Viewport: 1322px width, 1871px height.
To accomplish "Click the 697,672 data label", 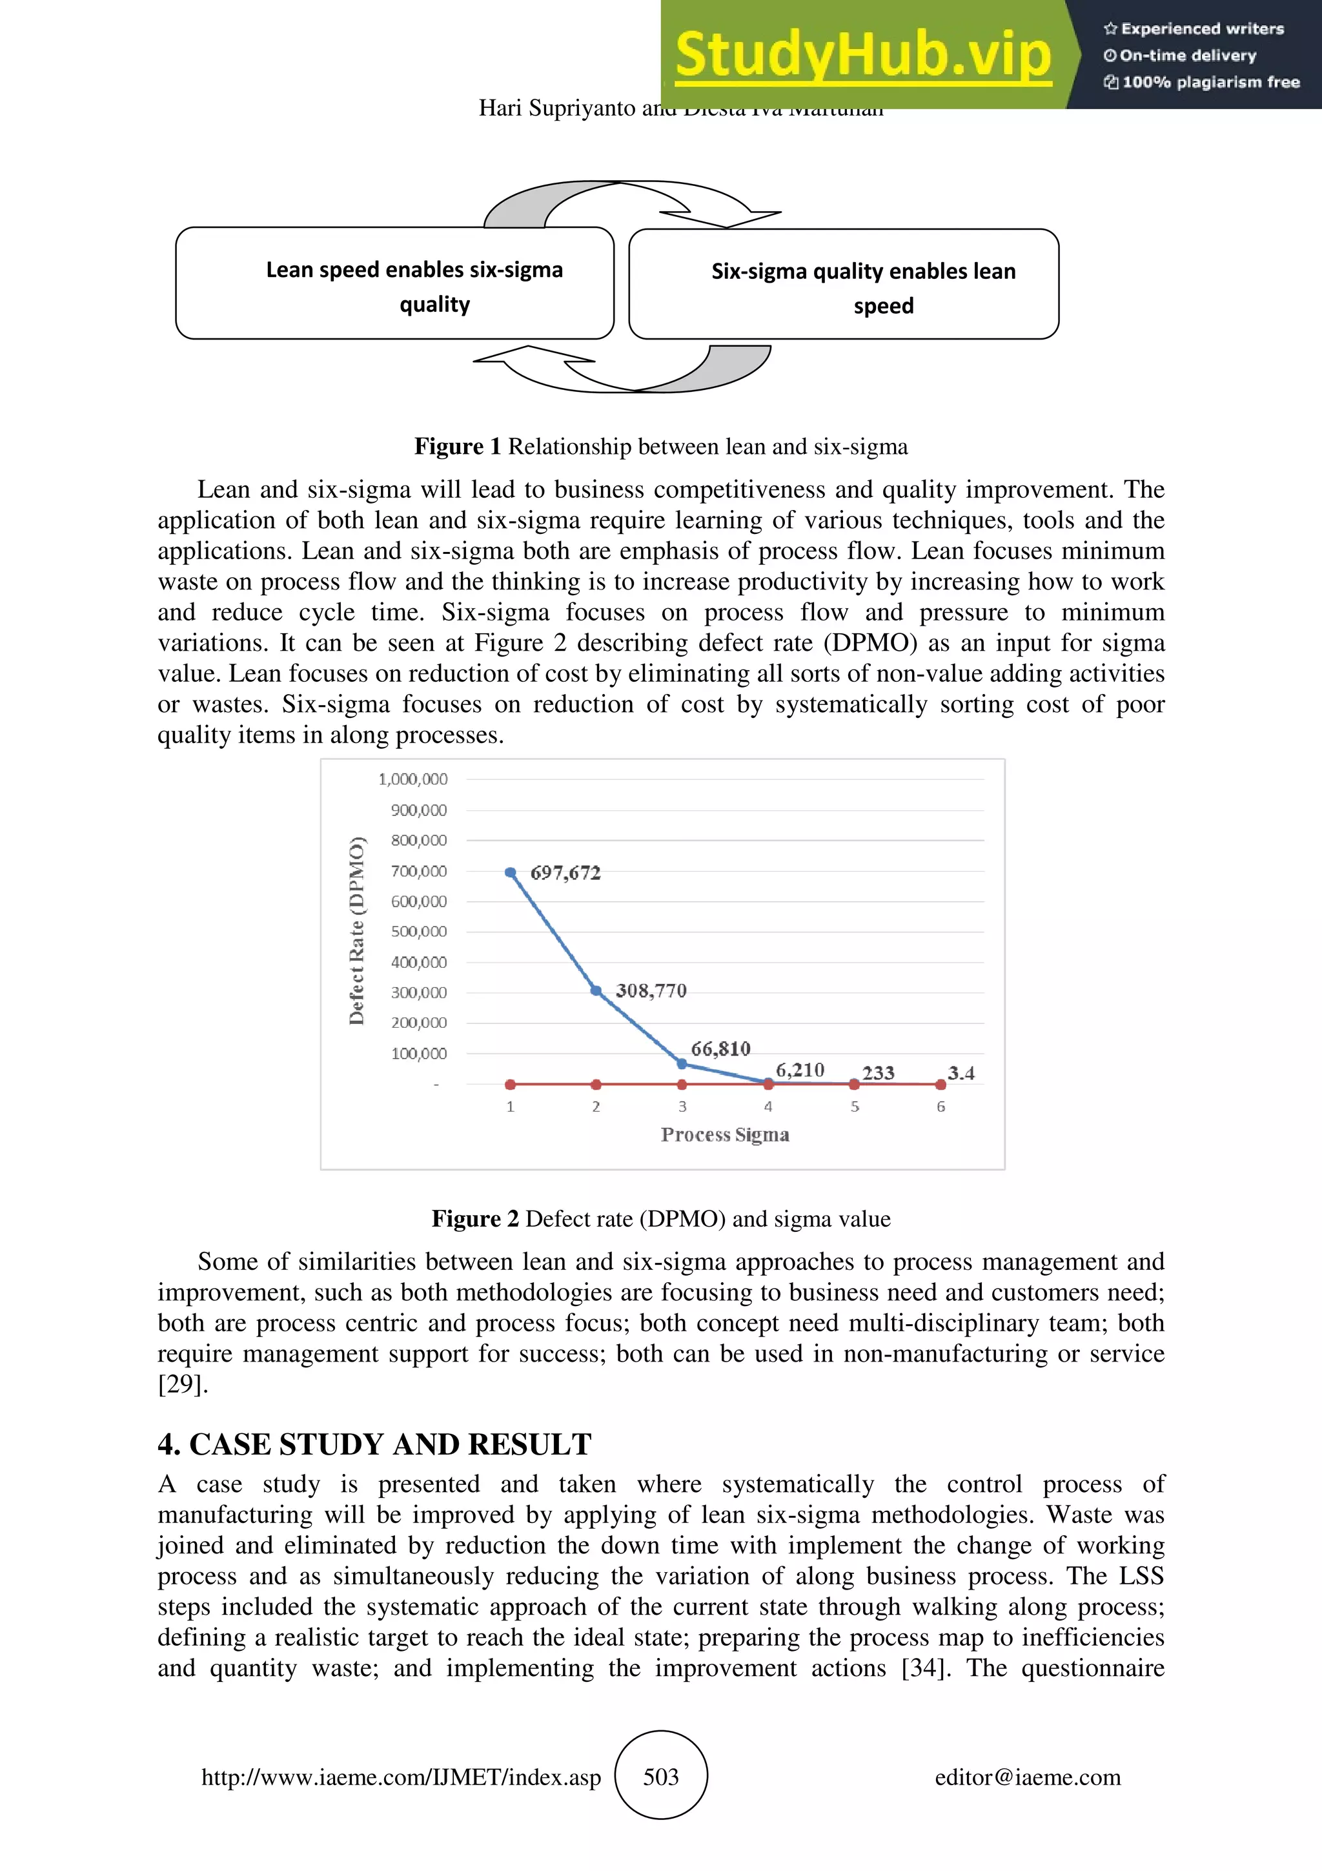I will coord(565,873).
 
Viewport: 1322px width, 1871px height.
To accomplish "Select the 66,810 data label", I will coord(720,1048).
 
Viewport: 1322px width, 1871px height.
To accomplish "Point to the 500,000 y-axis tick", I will coord(419,932).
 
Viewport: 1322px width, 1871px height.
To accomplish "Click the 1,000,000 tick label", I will coord(413,779).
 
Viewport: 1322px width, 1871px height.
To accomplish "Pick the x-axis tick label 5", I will coord(855,1107).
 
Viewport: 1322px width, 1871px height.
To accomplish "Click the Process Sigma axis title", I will coord(725,1134).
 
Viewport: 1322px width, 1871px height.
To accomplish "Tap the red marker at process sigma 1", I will coord(511,1085).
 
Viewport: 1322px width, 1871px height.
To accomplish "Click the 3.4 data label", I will coord(961,1072).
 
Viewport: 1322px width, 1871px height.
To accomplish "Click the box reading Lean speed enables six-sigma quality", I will coord(395,283).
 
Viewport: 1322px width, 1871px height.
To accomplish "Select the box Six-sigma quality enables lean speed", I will coord(844,285).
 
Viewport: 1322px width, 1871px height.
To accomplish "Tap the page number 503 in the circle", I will coord(660,1777).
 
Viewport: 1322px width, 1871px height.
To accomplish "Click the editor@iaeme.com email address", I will coord(1027,1777).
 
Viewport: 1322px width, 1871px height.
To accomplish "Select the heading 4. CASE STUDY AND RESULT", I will coord(374,1444).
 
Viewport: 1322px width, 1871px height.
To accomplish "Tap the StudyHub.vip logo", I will coord(862,56).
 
